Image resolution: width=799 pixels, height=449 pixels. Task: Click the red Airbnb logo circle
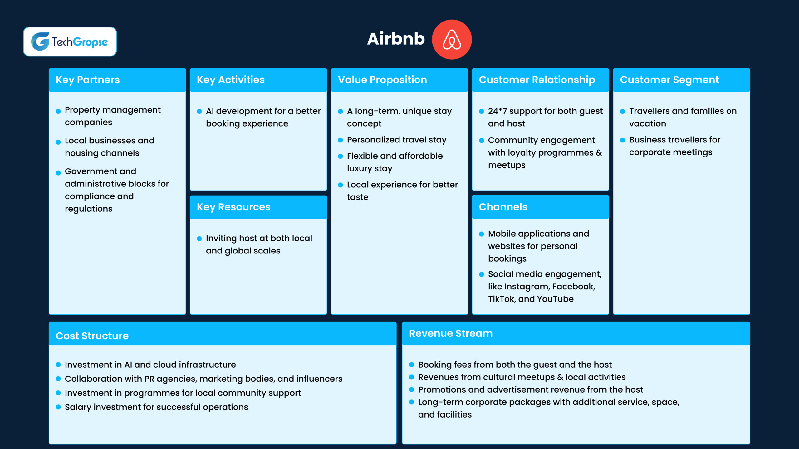click(x=452, y=40)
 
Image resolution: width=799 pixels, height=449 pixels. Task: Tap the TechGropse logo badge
click(x=70, y=41)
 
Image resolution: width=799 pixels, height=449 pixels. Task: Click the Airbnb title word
click(x=396, y=39)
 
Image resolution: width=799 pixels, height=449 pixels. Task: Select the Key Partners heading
click(x=88, y=80)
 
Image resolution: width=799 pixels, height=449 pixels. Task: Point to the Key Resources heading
click(x=233, y=207)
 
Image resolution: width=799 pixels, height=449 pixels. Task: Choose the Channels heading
click(x=503, y=207)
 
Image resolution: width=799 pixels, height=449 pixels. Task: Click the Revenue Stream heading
click(x=451, y=333)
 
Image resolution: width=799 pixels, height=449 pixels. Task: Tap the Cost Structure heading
click(x=92, y=336)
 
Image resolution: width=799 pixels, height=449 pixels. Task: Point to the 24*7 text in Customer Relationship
click(x=498, y=111)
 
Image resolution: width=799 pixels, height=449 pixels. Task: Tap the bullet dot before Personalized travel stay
click(x=341, y=140)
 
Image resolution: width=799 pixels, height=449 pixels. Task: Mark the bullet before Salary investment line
click(x=58, y=407)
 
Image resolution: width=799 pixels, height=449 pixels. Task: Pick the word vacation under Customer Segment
click(x=647, y=124)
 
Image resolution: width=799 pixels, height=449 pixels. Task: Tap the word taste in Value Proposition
click(x=358, y=197)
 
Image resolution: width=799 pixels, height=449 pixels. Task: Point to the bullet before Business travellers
click(x=623, y=140)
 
